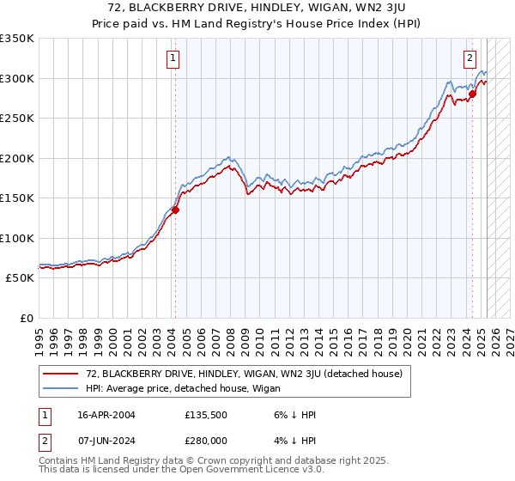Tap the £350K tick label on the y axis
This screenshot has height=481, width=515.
point(17,39)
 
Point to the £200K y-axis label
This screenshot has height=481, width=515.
point(17,158)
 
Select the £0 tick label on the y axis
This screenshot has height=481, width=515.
point(26,318)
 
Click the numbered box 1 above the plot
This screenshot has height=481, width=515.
point(173,58)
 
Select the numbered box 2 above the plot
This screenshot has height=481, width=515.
point(470,58)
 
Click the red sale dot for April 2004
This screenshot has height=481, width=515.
point(175,210)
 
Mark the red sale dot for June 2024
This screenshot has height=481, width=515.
point(472,94)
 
